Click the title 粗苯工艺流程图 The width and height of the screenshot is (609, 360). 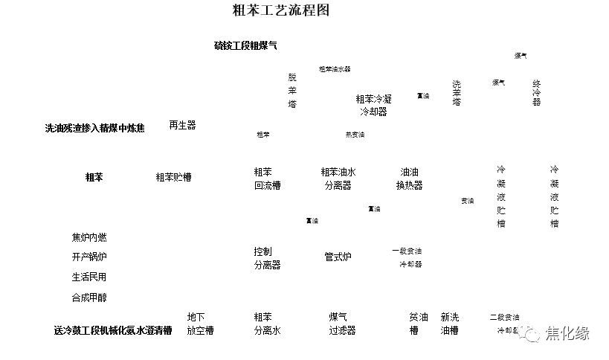(x=280, y=10)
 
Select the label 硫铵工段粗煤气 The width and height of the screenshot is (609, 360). (x=245, y=46)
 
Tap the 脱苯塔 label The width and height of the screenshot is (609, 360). (x=292, y=91)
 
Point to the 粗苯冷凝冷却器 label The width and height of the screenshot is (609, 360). (x=373, y=105)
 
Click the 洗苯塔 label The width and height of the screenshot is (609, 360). (x=457, y=93)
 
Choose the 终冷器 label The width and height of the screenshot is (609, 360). (x=536, y=93)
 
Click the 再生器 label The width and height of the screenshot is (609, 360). (x=182, y=125)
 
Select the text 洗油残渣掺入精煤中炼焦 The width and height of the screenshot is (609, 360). (x=94, y=128)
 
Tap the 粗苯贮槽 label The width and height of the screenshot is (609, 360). (x=173, y=177)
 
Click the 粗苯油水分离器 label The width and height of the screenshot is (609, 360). (x=338, y=179)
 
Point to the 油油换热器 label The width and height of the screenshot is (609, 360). (x=409, y=179)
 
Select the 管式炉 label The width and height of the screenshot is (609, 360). (x=338, y=257)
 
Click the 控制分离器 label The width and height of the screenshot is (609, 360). (x=267, y=258)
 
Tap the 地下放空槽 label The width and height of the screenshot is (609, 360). (x=200, y=324)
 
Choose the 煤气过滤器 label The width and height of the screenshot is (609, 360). (x=342, y=324)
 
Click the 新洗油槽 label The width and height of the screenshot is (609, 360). (x=449, y=324)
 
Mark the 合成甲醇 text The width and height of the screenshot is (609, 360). (x=89, y=298)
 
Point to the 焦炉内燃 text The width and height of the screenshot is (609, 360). (x=89, y=237)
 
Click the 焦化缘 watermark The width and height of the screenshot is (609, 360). (x=567, y=333)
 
